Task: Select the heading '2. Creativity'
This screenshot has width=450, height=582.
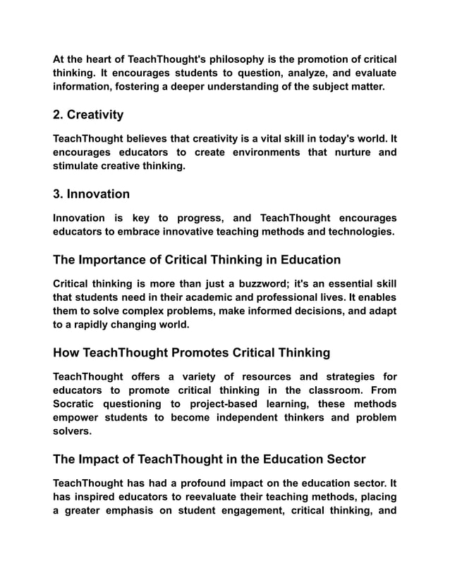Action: [88, 114]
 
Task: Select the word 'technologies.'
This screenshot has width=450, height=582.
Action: [358, 232]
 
